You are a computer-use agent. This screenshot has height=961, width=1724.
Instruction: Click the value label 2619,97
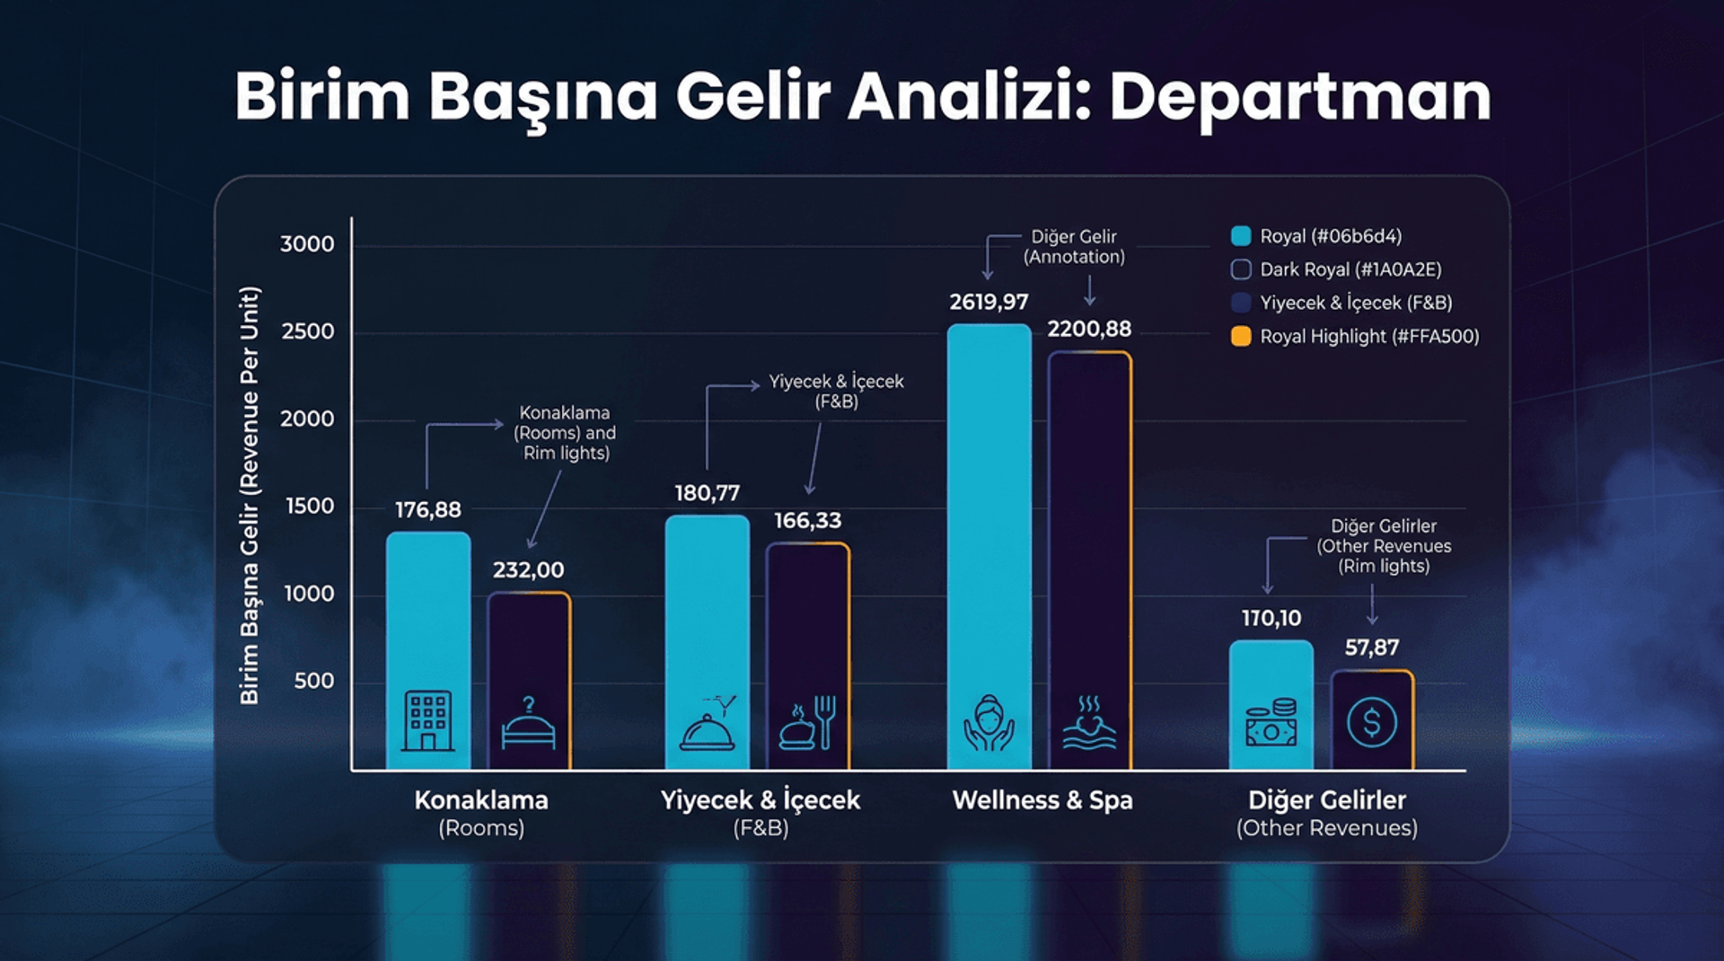pyautogui.click(x=989, y=302)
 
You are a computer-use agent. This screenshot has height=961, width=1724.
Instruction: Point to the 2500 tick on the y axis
pyautogui.click(x=308, y=331)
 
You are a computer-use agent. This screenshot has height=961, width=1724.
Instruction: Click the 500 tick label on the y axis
pyautogui.click(x=314, y=681)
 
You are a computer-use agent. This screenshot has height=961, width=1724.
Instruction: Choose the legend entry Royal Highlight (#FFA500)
pyautogui.click(x=1368, y=337)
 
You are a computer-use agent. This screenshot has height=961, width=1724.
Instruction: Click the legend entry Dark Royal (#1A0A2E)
pyautogui.click(x=1350, y=269)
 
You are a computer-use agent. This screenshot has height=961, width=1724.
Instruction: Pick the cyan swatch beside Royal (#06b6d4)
pyautogui.click(x=1241, y=236)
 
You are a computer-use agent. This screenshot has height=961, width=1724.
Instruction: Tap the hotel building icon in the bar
pyautogui.click(x=427, y=720)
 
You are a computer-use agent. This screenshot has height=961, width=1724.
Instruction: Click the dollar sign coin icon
pyautogui.click(x=1371, y=721)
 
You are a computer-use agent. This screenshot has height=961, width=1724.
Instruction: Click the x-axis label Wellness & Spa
pyautogui.click(x=1042, y=800)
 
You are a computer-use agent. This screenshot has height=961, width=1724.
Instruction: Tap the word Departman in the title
pyautogui.click(x=1299, y=96)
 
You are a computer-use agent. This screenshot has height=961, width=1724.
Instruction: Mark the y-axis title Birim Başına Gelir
pyautogui.click(x=249, y=494)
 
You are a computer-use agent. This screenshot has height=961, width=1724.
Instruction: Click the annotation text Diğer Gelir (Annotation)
pyautogui.click(x=1074, y=246)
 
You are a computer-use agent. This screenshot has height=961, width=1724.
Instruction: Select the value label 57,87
pyautogui.click(x=1371, y=648)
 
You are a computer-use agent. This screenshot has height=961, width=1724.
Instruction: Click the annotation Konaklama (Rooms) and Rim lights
pyautogui.click(x=565, y=433)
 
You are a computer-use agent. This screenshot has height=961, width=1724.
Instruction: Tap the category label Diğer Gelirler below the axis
pyautogui.click(x=1326, y=800)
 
